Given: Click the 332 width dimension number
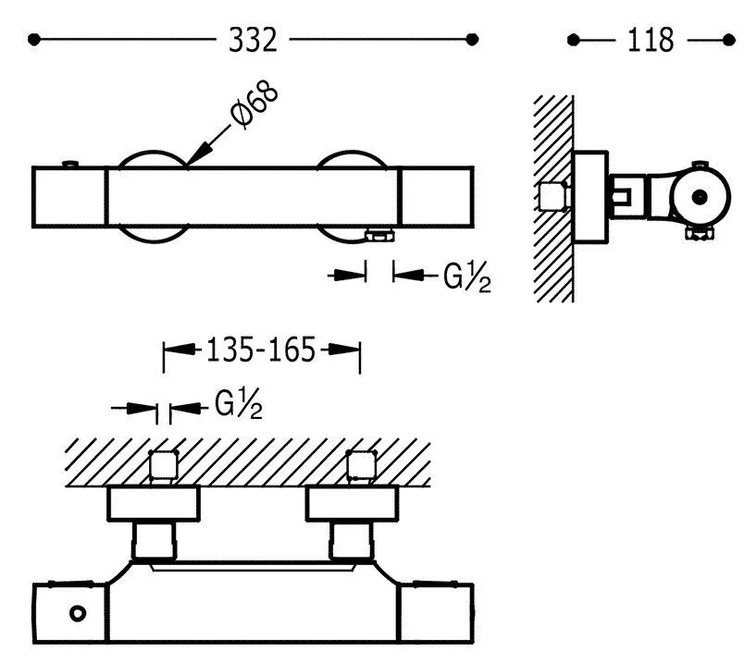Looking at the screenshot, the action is pos(253,40).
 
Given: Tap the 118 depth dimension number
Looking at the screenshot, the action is pos(651,40).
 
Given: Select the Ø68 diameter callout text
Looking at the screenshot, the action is pos(254,105).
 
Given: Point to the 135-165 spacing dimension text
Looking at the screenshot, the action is pos(261,350).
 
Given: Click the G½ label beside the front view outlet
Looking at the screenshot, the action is pos(467,277).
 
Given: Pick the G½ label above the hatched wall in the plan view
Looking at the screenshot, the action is pos(238,403).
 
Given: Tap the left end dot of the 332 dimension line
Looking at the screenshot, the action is pos(33,40).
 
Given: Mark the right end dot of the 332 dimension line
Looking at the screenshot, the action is pos(472,40).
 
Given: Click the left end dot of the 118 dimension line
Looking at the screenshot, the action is pos(573,40).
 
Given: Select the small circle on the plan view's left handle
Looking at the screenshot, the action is pos(78,613).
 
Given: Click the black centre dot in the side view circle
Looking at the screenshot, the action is pos(700,197).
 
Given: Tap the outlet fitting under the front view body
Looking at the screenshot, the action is pos(379,235).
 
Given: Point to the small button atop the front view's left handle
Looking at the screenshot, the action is pos(69,164).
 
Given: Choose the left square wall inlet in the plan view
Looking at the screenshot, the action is pos(164,465).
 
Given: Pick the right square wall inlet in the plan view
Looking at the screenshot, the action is pos(362,465).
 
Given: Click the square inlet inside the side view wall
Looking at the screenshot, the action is pos(554,196).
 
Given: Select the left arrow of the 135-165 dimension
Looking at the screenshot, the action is pos(179,350).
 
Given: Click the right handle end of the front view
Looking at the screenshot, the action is pos(438,197).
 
